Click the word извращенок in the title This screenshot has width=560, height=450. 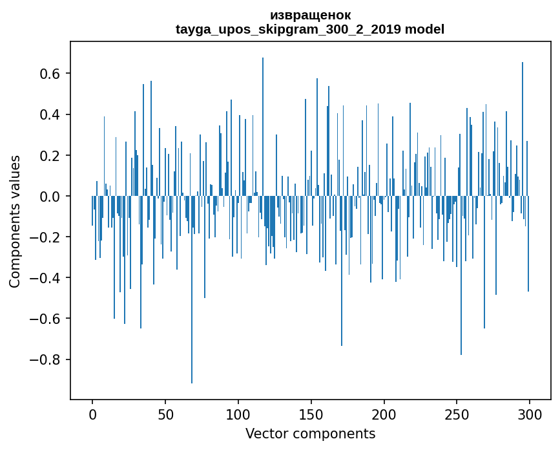[x=310, y=15]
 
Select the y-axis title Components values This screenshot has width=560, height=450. [x=15, y=221]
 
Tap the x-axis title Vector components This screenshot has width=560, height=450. [x=310, y=434]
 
